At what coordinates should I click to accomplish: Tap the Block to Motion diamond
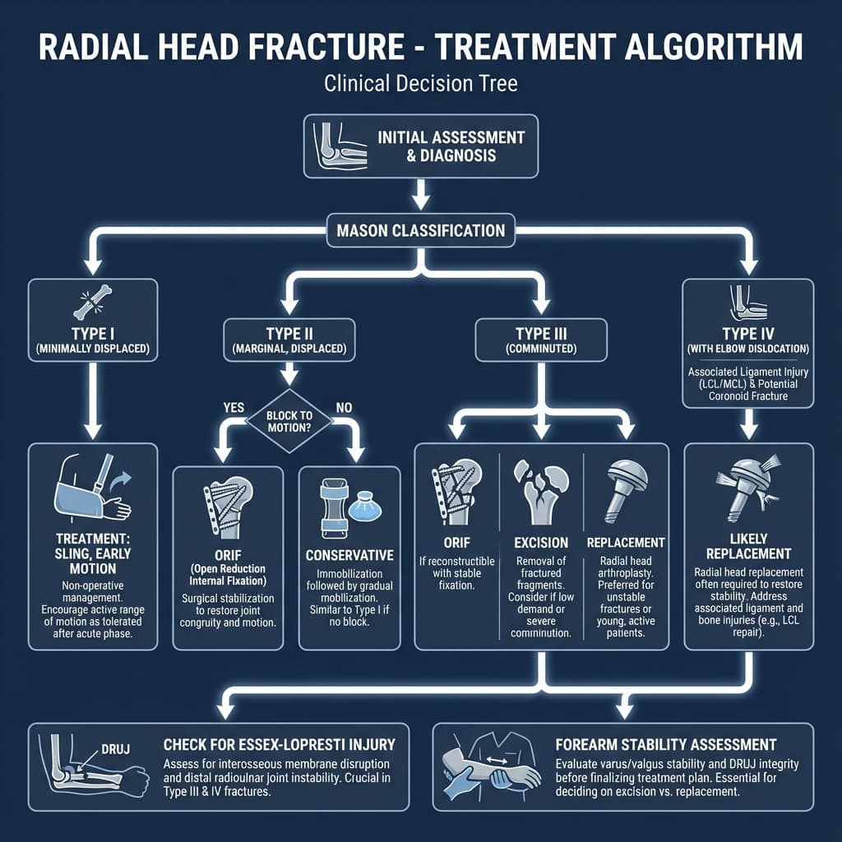pos(289,421)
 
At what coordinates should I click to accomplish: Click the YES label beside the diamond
pos(235,405)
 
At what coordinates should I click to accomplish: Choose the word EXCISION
pos(541,543)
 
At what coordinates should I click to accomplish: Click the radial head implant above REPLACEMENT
pos(625,491)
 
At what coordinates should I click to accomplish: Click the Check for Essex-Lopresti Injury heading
pos(279,745)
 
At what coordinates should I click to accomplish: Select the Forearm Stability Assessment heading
pos(666,745)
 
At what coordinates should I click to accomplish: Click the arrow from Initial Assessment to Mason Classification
pos(421,195)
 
